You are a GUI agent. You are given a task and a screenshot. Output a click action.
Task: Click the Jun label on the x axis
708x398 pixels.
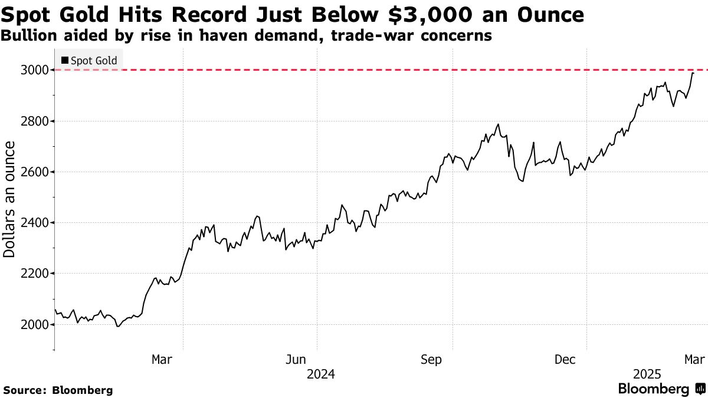coord(297,359)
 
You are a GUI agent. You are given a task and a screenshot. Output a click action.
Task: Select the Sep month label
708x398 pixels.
coord(431,359)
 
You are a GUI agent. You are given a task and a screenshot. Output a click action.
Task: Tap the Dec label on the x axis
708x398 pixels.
coord(566,359)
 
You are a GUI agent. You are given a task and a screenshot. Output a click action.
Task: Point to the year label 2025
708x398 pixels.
coord(647,374)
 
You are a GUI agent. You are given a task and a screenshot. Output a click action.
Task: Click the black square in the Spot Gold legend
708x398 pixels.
coord(64,60)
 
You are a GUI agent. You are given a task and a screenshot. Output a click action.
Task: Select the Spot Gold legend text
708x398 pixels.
coord(94,60)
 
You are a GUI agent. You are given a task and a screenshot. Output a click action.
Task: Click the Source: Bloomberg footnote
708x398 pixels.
coord(58,390)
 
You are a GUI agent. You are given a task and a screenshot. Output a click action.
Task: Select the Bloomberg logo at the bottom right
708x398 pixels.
coord(661,389)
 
